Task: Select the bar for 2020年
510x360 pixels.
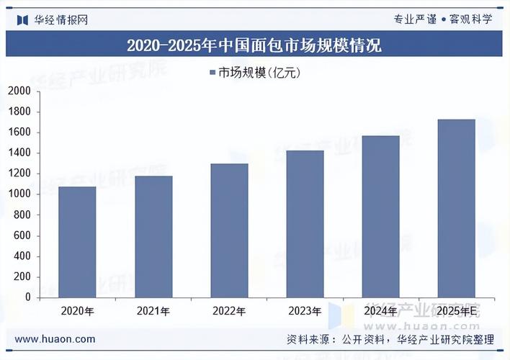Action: tap(77, 242)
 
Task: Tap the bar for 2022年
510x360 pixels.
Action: tap(229, 230)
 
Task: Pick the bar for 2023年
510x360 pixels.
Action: tap(305, 224)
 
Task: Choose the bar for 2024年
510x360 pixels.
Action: tap(380, 216)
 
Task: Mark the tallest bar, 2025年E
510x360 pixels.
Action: tap(457, 208)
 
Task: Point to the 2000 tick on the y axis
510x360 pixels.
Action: tap(19, 91)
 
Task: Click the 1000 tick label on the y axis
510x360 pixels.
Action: tap(19, 194)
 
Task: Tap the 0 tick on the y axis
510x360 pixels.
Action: tap(28, 297)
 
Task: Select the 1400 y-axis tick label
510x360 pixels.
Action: tap(19, 153)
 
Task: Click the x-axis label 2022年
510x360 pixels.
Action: tap(229, 312)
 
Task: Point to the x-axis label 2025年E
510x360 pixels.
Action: tap(457, 312)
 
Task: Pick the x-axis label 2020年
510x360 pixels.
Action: tap(77, 312)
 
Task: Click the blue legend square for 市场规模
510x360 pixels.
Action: tap(212, 73)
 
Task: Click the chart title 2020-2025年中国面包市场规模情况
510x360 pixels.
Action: tap(254, 45)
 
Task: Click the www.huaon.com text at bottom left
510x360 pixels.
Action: tap(55, 339)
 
